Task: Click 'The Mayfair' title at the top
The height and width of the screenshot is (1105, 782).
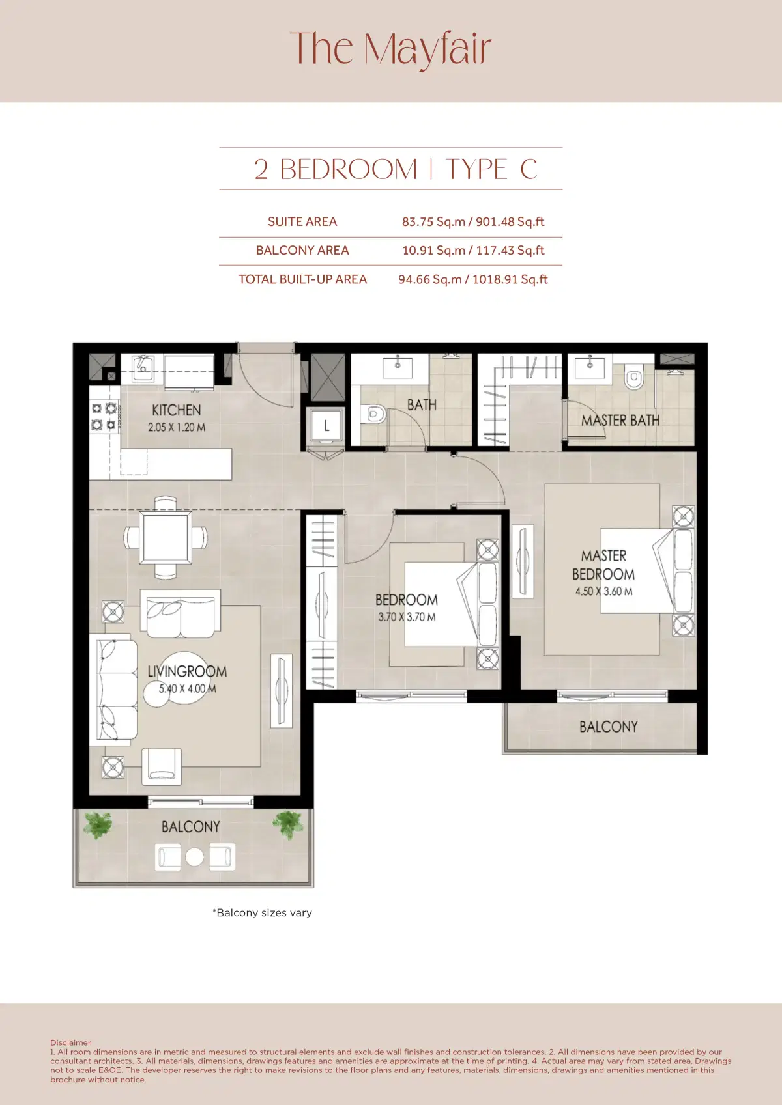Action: (x=390, y=49)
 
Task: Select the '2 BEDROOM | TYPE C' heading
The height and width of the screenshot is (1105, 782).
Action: (x=395, y=169)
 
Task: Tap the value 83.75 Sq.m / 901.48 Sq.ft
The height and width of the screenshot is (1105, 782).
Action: (x=472, y=221)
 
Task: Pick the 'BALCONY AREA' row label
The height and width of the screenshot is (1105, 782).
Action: (x=302, y=250)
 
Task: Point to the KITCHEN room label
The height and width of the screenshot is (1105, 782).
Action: (x=176, y=410)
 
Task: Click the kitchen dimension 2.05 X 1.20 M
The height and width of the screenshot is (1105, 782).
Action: (x=176, y=428)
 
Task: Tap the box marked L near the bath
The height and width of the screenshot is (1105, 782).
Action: (x=326, y=426)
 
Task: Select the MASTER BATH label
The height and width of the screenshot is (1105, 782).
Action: (x=620, y=421)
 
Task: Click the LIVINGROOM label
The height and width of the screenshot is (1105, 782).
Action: (x=187, y=671)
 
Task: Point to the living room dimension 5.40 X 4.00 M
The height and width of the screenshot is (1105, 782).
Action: (x=187, y=688)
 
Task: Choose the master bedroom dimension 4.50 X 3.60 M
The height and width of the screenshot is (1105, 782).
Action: (x=603, y=591)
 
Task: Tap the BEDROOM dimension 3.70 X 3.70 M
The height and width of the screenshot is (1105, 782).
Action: (x=407, y=617)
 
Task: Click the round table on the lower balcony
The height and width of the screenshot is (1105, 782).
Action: (x=194, y=857)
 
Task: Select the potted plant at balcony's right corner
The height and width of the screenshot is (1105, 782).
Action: (x=287, y=824)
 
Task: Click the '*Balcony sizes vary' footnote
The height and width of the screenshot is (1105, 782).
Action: (x=262, y=913)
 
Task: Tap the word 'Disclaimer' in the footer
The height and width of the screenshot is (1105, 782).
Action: (x=70, y=1042)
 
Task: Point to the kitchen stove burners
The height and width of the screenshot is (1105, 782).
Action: (x=104, y=417)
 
